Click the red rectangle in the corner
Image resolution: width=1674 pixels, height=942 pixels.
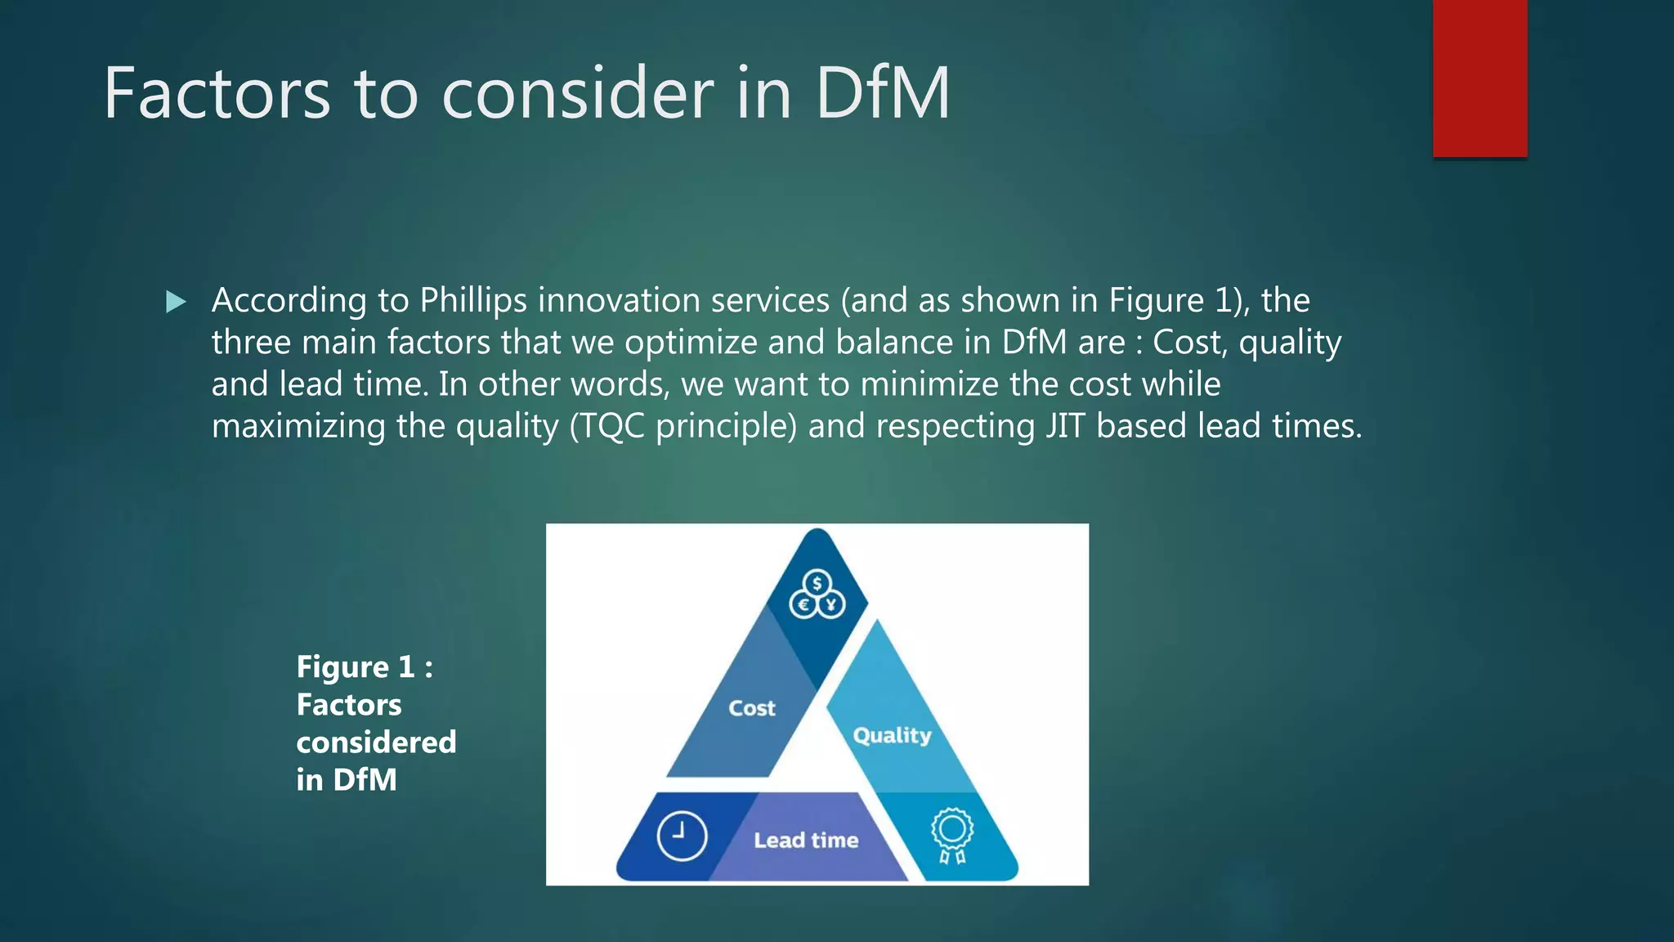tap(1479, 78)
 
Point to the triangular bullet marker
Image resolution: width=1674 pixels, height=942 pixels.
tap(176, 302)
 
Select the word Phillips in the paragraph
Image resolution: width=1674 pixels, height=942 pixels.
tap(473, 301)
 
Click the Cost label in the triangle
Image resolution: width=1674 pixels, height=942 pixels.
tap(752, 708)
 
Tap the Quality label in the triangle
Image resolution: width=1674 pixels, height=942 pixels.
tap(892, 735)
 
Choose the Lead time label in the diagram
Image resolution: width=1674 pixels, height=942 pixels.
tap(806, 840)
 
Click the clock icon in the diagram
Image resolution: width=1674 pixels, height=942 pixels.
tap(682, 836)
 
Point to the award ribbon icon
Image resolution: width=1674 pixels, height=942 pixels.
tap(952, 835)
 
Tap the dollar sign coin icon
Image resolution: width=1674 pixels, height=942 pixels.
tap(817, 584)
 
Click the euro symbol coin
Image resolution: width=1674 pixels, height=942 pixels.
tap(803, 605)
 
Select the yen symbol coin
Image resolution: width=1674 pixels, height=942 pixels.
tap(831, 605)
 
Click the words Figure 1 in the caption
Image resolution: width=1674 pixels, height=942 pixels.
tap(356, 667)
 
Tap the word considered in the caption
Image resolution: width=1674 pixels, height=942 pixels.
tap(376, 742)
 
